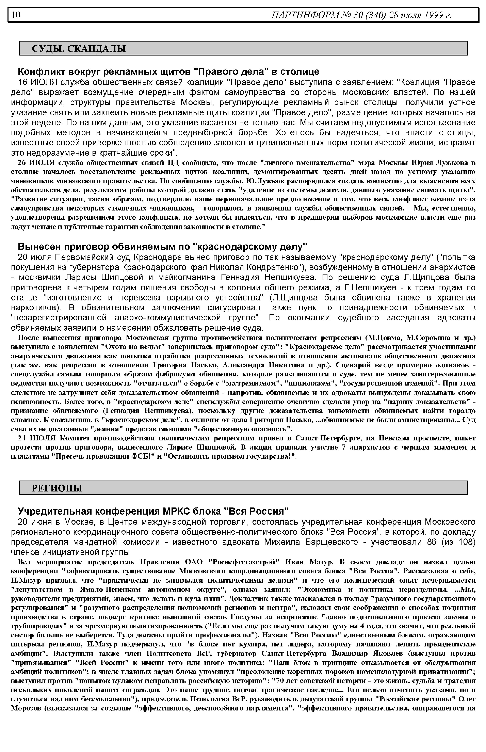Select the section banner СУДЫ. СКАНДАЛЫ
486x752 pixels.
click(79, 49)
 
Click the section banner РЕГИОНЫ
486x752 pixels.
click(57, 488)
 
